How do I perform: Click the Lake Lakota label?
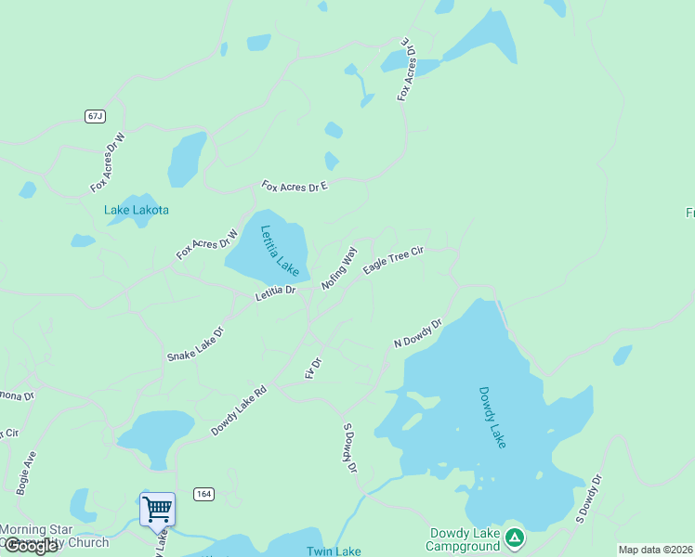[x=137, y=210]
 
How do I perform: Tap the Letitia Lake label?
[x=280, y=252]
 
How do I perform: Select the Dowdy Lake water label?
[x=492, y=418]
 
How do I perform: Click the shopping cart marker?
[x=157, y=509]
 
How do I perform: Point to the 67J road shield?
[x=95, y=116]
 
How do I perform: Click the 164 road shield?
[x=204, y=493]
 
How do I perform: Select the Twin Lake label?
[x=334, y=551]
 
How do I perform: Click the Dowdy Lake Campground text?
[x=465, y=539]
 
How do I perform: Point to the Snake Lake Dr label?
[x=195, y=343]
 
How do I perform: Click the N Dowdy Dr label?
[x=417, y=335]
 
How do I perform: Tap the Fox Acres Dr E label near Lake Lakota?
[x=295, y=187]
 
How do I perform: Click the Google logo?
[x=31, y=546]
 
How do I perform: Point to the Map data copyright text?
[x=655, y=550]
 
